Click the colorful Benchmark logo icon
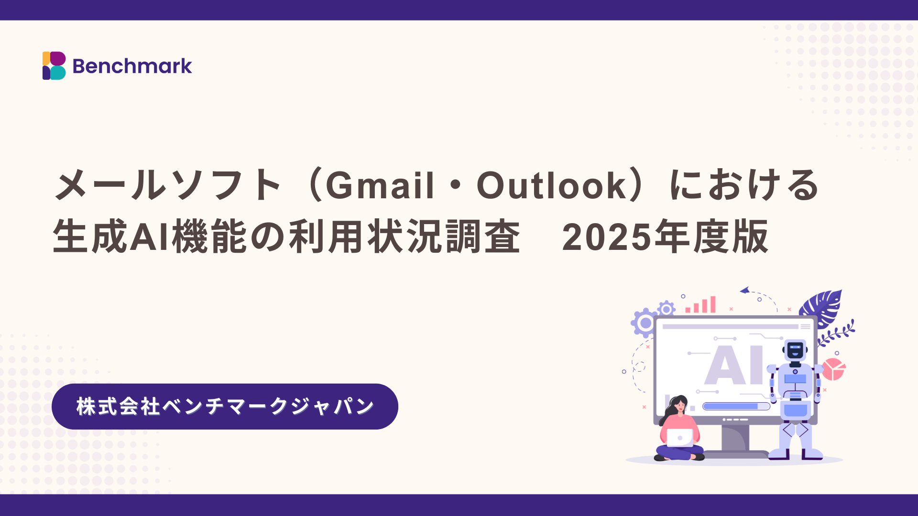(54, 66)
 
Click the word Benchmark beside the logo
(132, 66)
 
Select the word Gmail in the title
(380, 185)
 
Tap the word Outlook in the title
(551, 185)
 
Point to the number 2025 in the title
(607, 237)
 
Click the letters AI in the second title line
(150, 237)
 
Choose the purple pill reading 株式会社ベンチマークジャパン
(225, 407)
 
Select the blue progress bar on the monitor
(736, 406)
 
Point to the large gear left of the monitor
(645, 323)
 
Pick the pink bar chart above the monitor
(700, 304)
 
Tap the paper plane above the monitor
(744, 290)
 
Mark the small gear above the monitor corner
(666, 309)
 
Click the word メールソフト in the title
(167, 185)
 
